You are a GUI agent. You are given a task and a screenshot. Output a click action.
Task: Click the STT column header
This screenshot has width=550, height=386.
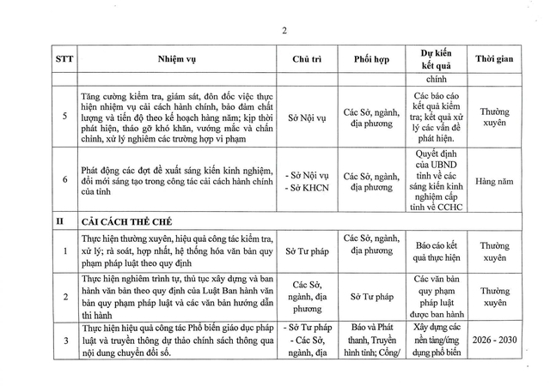pyautogui.click(x=63, y=59)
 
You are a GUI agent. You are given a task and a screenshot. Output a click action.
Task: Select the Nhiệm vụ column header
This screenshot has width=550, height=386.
pyautogui.click(x=178, y=59)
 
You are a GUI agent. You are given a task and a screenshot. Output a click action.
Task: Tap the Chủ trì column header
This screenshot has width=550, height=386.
pyautogui.click(x=306, y=59)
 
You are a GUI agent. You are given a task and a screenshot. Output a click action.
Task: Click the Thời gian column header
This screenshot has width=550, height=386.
pyautogui.click(x=491, y=59)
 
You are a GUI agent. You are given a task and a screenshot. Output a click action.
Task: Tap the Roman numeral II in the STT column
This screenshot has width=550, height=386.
pyautogui.click(x=62, y=220)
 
